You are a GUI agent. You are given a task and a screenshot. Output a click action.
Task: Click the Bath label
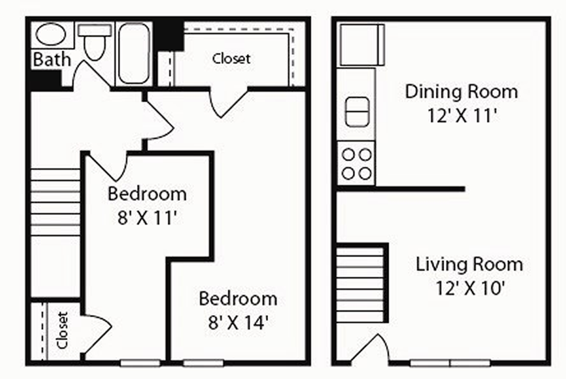pyautogui.click(x=52, y=59)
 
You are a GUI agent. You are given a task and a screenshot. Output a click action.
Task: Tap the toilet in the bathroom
pyautogui.click(x=95, y=42)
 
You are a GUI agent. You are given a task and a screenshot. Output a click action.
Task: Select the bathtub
pyautogui.click(x=134, y=53)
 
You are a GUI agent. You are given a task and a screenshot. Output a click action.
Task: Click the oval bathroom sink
pyautogui.click(x=51, y=34)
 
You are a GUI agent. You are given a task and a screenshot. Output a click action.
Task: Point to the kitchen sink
pyautogui.click(x=357, y=111)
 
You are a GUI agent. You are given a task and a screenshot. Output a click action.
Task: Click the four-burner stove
pyautogui.click(x=356, y=164)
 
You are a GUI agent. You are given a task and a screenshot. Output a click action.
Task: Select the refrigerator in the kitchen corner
pyautogui.click(x=362, y=45)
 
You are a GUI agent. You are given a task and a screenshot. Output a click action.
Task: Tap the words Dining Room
pyautogui.click(x=461, y=92)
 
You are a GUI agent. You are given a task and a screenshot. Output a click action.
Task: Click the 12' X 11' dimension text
pyautogui.click(x=462, y=116)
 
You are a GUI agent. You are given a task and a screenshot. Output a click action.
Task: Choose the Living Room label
pyautogui.click(x=469, y=264)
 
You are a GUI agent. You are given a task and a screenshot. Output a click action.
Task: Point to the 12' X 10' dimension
pyautogui.click(x=470, y=288)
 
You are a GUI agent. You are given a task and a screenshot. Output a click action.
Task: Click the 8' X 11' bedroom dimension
pyautogui.click(x=147, y=217)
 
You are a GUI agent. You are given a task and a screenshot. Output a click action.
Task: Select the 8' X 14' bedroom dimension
pyautogui.click(x=238, y=322)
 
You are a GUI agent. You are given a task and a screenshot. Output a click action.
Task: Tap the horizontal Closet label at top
pyautogui.click(x=231, y=58)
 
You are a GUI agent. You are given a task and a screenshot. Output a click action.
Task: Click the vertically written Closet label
pyautogui.click(x=63, y=330)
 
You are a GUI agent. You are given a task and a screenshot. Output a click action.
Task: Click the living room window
pyautogui.click(x=450, y=362)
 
